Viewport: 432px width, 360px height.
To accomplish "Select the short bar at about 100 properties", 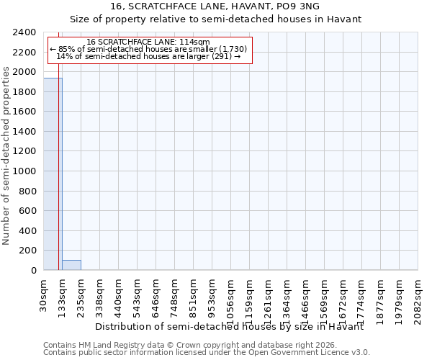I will [71, 265].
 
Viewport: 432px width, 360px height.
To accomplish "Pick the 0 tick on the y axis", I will [34, 271].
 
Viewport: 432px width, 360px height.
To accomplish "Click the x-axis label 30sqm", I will [44, 295].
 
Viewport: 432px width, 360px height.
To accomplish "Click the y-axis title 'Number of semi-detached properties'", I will [6, 151].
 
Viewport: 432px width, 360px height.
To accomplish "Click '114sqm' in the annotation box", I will [194, 42].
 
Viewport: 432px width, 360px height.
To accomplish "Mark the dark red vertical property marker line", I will [59, 158].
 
